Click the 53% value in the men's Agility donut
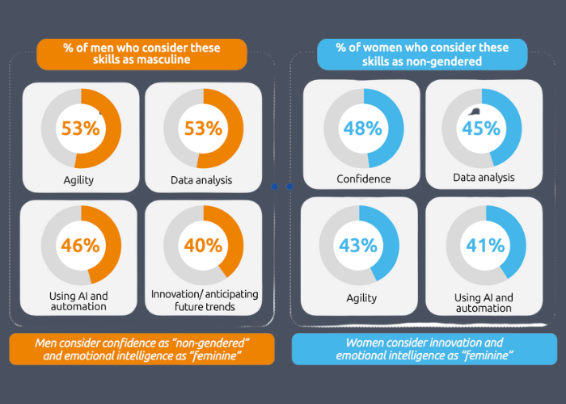[x=80, y=128]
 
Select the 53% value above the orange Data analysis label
[x=203, y=128]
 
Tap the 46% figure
[x=80, y=245]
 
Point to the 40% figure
[x=203, y=245]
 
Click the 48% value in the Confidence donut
[x=363, y=127]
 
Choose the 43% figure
[x=359, y=244]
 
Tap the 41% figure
[x=484, y=244]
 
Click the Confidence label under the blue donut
[x=363, y=179]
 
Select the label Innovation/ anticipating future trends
[x=203, y=300]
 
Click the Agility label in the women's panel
[x=361, y=297]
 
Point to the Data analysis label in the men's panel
[x=203, y=179]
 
